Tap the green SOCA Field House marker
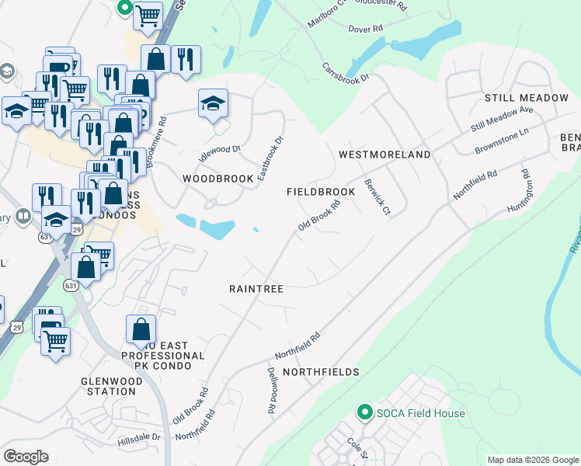(x=364, y=412)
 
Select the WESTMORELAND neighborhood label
(x=384, y=155)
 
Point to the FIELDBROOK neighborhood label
(x=321, y=192)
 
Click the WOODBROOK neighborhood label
(x=218, y=179)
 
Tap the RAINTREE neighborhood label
(x=256, y=289)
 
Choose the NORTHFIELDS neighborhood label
(x=321, y=373)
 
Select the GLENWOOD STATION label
(x=112, y=386)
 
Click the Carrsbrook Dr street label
(x=346, y=72)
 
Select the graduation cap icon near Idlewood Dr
(x=213, y=104)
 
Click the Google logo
(x=26, y=457)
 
